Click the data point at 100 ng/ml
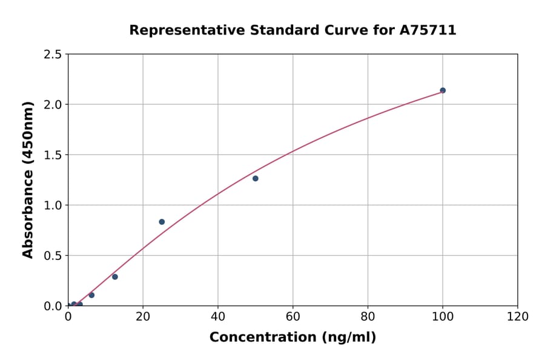[x=443, y=90]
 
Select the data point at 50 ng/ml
[x=256, y=178]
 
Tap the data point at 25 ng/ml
[x=162, y=222]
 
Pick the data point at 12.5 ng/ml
[x=115, y=277]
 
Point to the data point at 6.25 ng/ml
[x=91, y=295]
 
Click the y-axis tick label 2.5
[x=53, y=55]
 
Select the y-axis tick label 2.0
[x=53, y=105]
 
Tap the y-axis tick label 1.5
[x=53, y=155]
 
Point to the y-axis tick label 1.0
[x=53, y=205]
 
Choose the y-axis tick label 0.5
[x=53, y=256]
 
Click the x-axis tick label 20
[x=143, y=316]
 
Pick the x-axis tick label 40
[x=218, y=316]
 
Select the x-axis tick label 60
[x=293, y=316]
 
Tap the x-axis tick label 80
[x=368, y=316]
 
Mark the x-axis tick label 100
[x=443, y=316]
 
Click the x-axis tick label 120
[x=518, y=316]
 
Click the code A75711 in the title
[x=428, y=30]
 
